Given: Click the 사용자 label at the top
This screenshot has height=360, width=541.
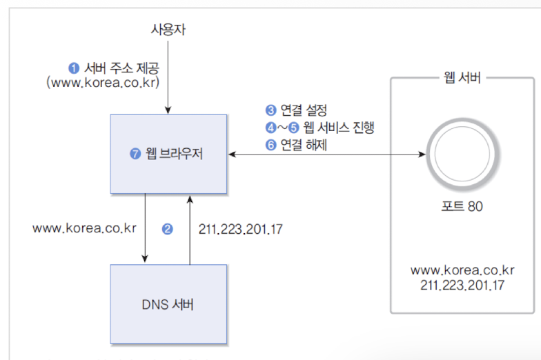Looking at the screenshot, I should click(168, 30).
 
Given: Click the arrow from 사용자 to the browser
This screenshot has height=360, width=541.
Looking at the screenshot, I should click(168, 76).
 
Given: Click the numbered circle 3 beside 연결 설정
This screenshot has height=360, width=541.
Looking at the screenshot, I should click(271, 110).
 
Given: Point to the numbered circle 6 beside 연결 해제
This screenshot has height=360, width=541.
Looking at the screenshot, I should click(271, 145).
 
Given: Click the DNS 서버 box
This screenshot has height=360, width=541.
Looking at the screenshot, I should click(168, 304).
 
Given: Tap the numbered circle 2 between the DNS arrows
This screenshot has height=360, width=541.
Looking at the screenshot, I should click(167, 229).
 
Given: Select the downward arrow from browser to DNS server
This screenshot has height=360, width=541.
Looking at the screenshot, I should click(145, 228).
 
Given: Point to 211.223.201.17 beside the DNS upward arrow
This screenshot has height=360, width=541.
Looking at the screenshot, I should click(240, 229).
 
